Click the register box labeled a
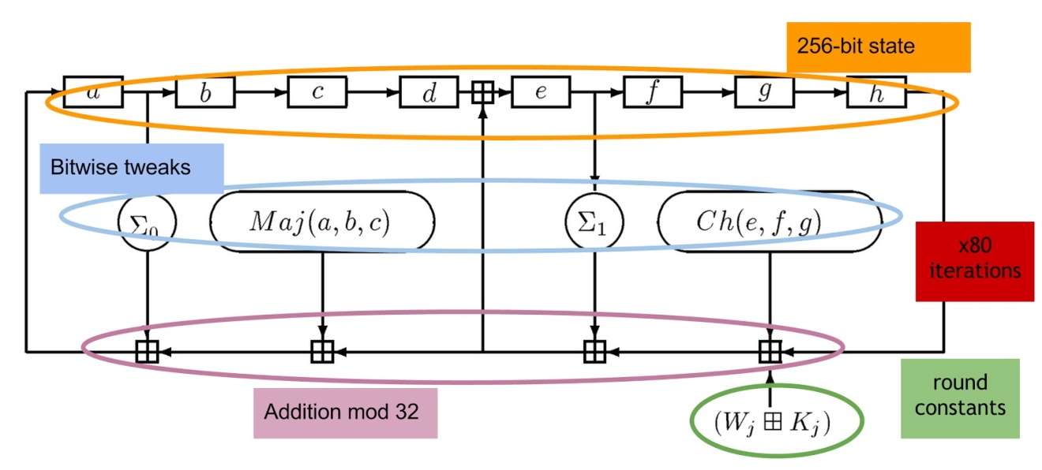pyautogui.click(x=93, y=91)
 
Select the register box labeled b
pyautogui.click(x=205, y=92)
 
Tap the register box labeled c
pyautogui.click(x=317, y=92)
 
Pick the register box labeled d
pyautogui.click(x=429, y=92)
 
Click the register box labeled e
pyautogui.click(x=541, y=92)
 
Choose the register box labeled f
pyautogui.click(x=653, y=92)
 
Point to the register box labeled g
pyautogui.click(x=765, y=92)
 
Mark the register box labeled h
pyautogui.click(x=876, y=92)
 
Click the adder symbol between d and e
pyautogui.click(x=482, y=93)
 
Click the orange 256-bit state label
pyautogui.click(x=878, y=46)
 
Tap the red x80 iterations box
pyautogui.click(x=974, y=261)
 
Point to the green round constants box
pyautogui.click(x=959, y=397)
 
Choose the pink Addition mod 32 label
pyautogui.click(x=345, y=412)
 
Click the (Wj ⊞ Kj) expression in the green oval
pyautogui.click(x=777, y=422)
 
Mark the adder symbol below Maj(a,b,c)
pyautogui.click(x=321, y=350)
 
